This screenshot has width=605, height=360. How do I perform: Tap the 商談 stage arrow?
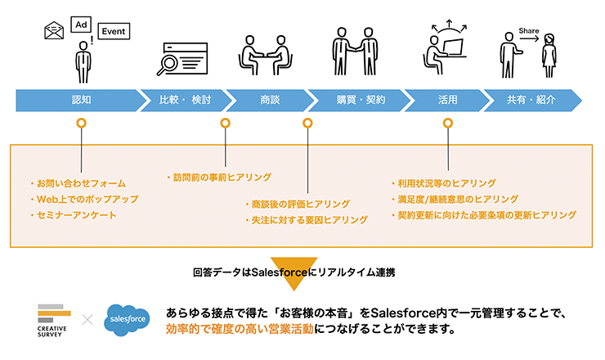pos(270,100)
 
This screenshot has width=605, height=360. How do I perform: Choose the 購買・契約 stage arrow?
pos(361,100)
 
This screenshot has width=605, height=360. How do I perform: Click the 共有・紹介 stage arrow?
pos(531,100)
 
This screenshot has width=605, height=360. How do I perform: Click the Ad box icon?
pos(82,24)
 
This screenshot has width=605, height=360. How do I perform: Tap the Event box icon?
pos(114,32)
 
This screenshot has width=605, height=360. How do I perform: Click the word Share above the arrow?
pos(528,31)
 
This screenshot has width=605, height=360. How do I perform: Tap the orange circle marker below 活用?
pos(447,124)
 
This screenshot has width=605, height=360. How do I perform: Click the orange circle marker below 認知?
pos(80,124)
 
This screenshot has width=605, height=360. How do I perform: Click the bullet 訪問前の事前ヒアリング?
pos(218,177)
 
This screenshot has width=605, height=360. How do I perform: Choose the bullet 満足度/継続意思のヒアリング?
pos(454,199)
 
